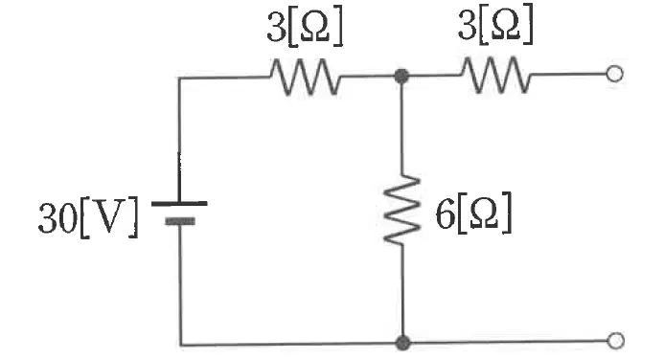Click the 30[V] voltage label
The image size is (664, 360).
[x=88, y=216]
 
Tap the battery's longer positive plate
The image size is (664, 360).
[x=179, y=204]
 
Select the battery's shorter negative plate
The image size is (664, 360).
[x=180, y=221]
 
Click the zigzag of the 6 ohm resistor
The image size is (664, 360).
[x=401, y=210]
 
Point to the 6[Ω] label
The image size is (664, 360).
[x=474, y=213]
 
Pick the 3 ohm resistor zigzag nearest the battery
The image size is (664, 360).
[x=305, y=77]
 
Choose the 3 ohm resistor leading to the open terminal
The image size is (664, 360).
[x=496, y=75]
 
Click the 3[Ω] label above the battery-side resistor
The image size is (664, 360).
[x=305, y=26]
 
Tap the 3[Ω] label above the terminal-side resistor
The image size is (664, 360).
[x=495, y=24]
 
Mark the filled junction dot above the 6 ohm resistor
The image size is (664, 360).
[x=401, y=77]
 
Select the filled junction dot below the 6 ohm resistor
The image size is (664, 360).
[x=402, y=342]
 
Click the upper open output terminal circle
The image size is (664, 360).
[x=614, y=74]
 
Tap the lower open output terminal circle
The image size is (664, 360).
[x=615, y=341]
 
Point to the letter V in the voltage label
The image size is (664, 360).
[x=109, y=216]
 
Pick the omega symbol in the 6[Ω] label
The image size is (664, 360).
[x=485, y=214]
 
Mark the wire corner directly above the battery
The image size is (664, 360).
[x=179, y=79]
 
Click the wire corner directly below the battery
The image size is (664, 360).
[x=181, y=346]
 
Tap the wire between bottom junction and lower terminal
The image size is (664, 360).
[x=509, y=342]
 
